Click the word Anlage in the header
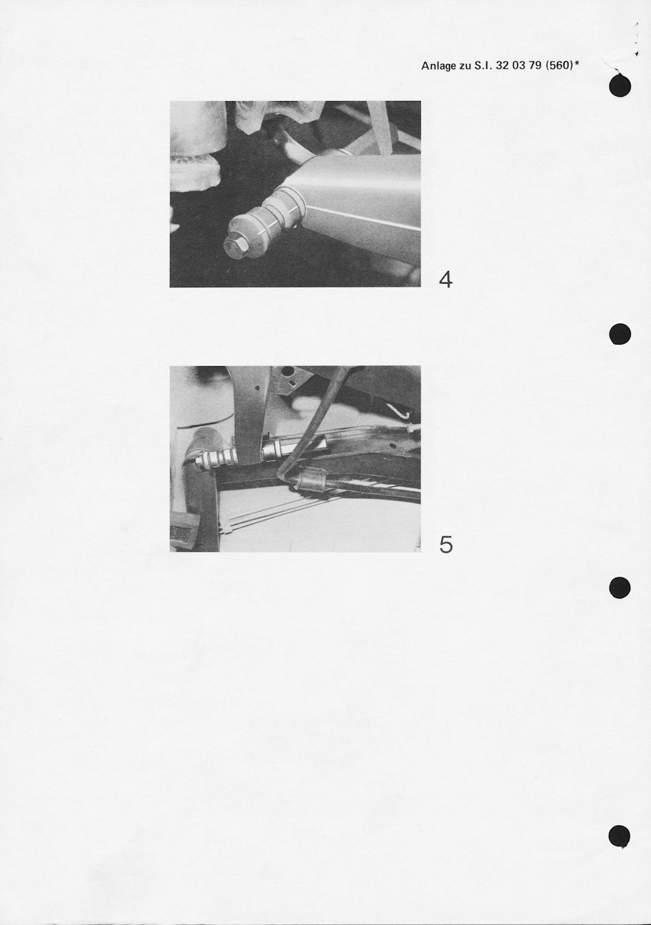point(439,66)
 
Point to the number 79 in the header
point(535,65)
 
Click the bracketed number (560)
point(558,65)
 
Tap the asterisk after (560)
point(575,63)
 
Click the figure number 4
point(445,280)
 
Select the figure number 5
point(446,545)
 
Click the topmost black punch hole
point(620,86)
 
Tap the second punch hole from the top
point(620,333)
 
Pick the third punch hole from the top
point(620,587)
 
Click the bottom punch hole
point(620,836)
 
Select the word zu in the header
point(465,67)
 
